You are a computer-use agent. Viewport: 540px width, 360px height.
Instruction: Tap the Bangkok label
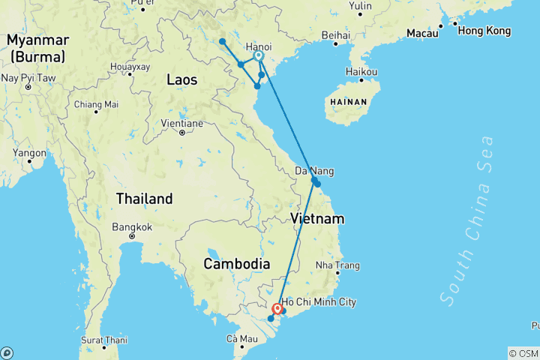click(x=132, y=226)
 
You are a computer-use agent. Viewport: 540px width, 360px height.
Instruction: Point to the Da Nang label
click(x=314, y=171)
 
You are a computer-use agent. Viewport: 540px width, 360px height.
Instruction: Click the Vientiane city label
click(x=182, y=123)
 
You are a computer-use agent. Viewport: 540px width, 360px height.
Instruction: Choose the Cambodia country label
click(x=236, y=264)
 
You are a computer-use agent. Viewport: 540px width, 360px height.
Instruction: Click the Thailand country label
click(x=144, y=199)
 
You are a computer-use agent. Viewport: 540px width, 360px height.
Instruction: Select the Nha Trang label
click(x=337, y=265)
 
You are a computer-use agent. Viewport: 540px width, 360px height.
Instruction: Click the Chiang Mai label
click(x=96, y=104)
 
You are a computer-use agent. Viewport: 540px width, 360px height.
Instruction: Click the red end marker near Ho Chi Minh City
click(x=277, y=308)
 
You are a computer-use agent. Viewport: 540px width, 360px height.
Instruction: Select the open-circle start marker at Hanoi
click(x=258, y=55)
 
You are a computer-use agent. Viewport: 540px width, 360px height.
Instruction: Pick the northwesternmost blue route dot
click(x=223, y=41)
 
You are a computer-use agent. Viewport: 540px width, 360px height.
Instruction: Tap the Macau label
click(x=423, y=33)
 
